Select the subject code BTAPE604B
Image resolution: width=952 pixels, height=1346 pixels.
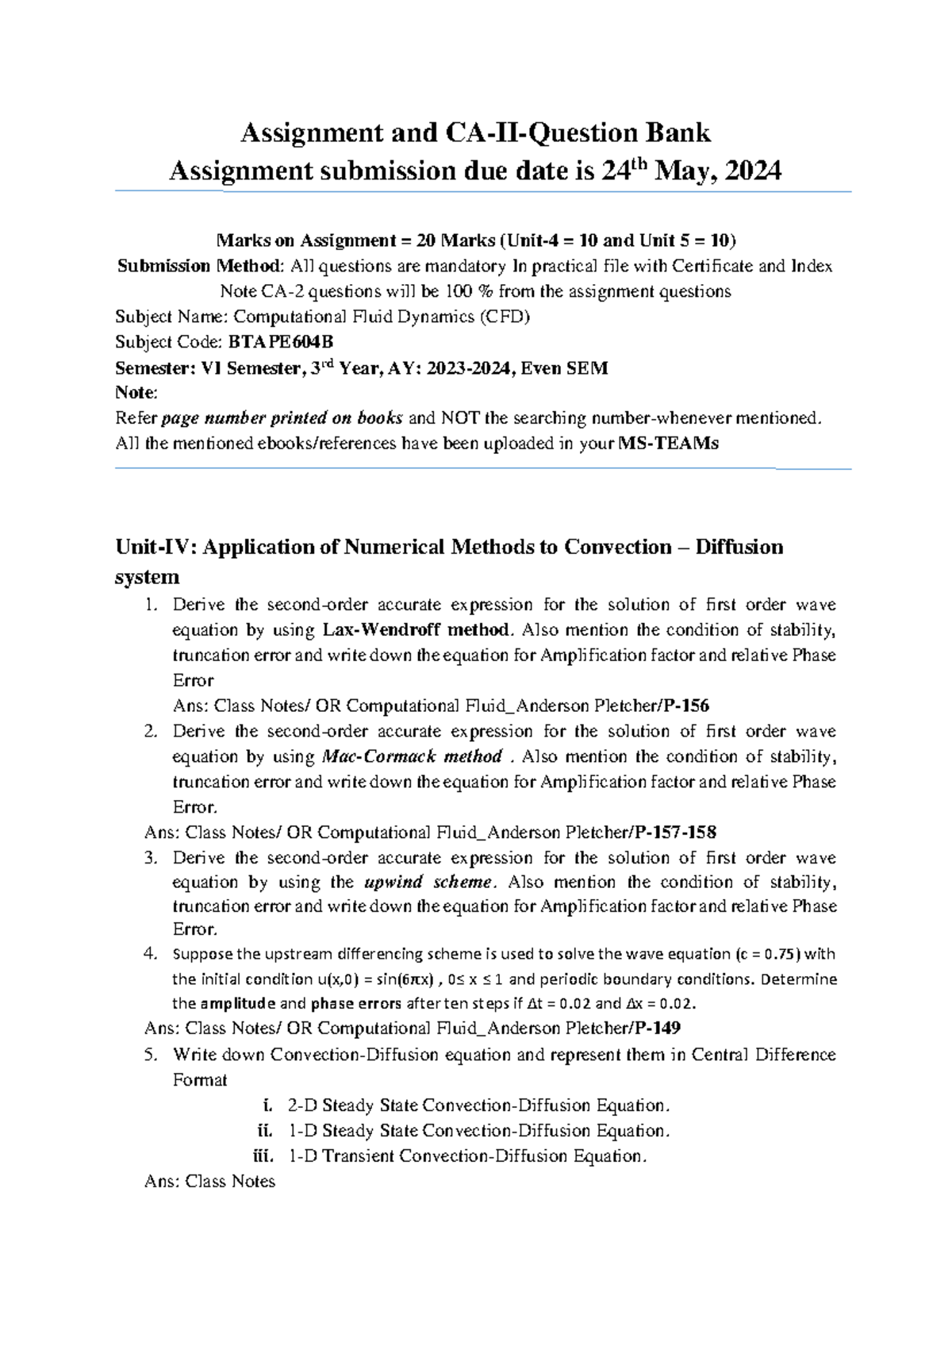tap(280, 342)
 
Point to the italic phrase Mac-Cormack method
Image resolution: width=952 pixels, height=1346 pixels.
tap(412, 756)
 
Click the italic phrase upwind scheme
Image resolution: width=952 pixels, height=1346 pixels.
tap(428, 883)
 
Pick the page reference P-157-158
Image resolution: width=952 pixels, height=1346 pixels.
tap(675, 833)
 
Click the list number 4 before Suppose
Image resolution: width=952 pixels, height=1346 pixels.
tap(150, 954)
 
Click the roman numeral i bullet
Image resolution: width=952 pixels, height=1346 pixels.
tap(267, 1106)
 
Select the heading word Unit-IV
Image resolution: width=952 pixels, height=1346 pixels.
tap(156, 547)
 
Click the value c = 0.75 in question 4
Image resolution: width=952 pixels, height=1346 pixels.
tap(768, 954)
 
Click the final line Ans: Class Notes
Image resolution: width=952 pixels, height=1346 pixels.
tap(210, 1182)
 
